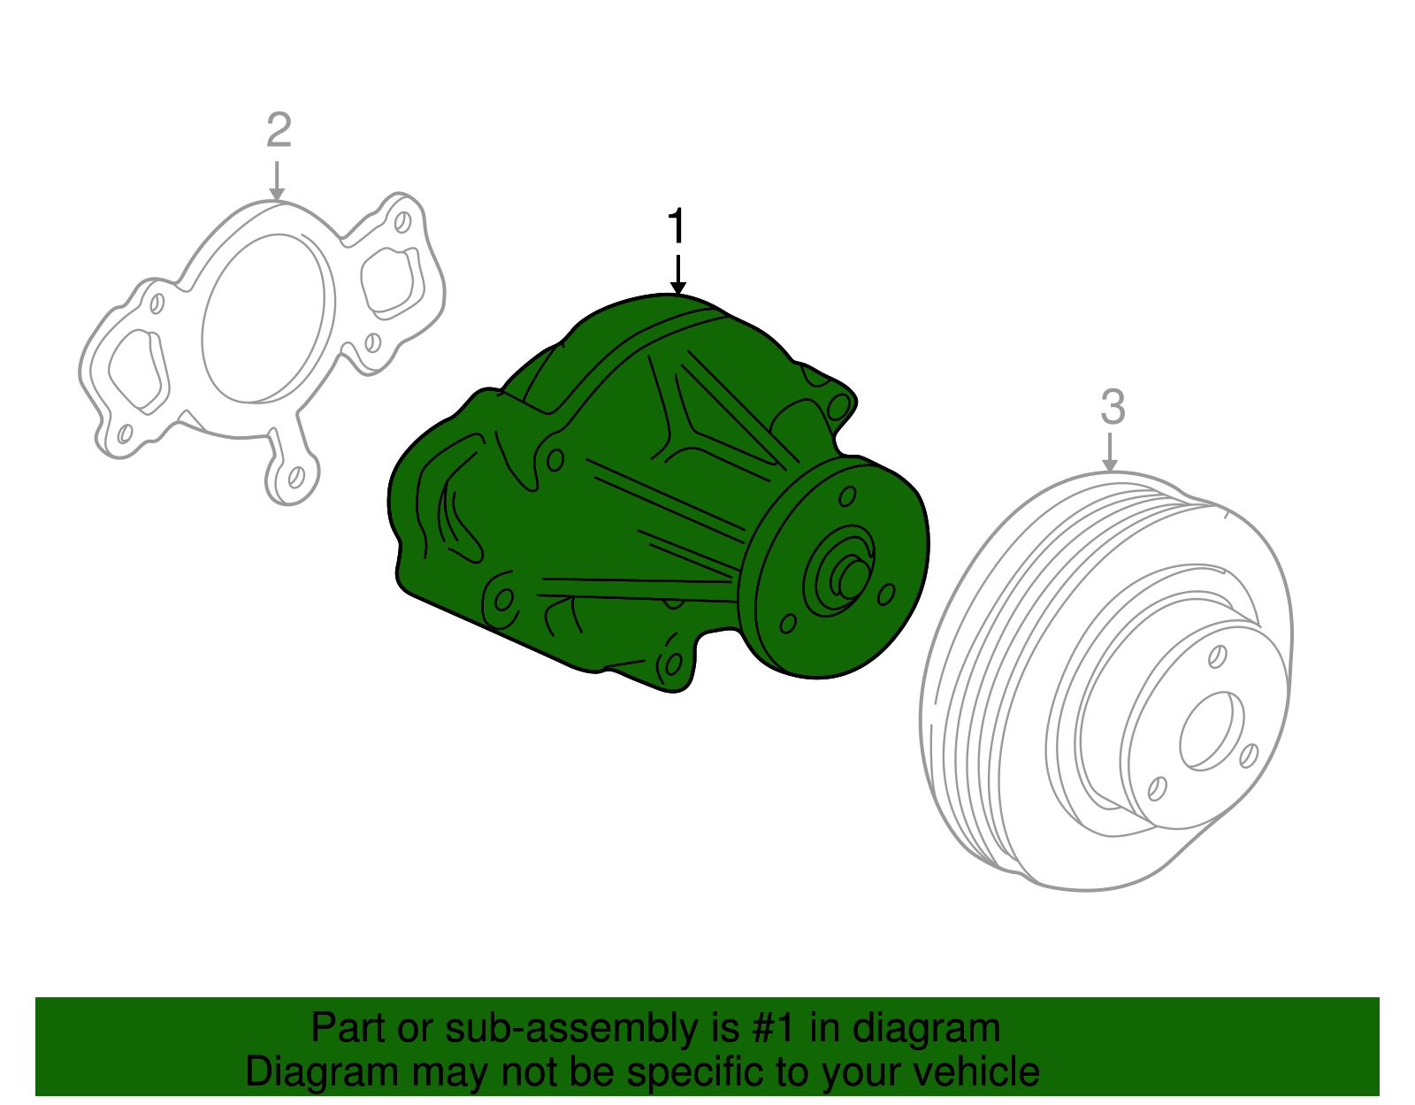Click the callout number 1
(x=677, y=226)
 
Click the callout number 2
(x=279, y=131)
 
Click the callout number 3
(x=1113, y=407)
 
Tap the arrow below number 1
(x=677, y=275)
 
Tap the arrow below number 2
(x=278, y=180)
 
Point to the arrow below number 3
(x=1110, y=453)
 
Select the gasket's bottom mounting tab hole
(x=297, y=477)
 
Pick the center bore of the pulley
(x=1211, y=730)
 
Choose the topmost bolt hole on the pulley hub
(x=1217, y=656)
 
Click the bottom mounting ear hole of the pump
(x=672, y=664)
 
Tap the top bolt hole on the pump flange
(x=846, y=496)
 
